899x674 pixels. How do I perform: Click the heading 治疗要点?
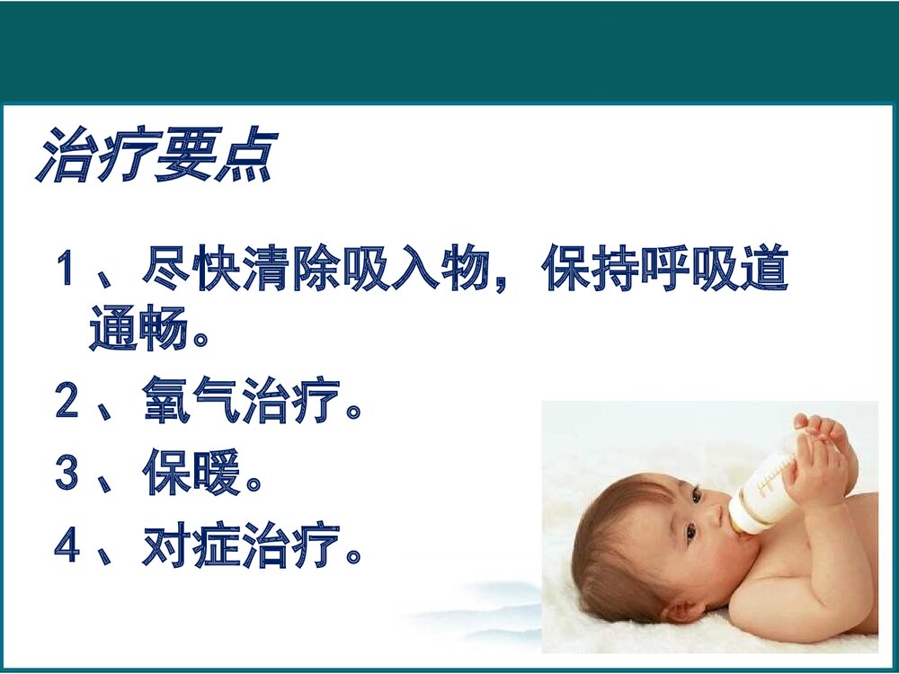pyautogui.click(x=155, y=155)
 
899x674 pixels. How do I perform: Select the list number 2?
pyautogui.click(x=67, y=402)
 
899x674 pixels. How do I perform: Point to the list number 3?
pyautogui.click(x=67, y=474)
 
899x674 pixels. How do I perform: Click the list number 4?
pyautogui.click(x=67, y=546)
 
